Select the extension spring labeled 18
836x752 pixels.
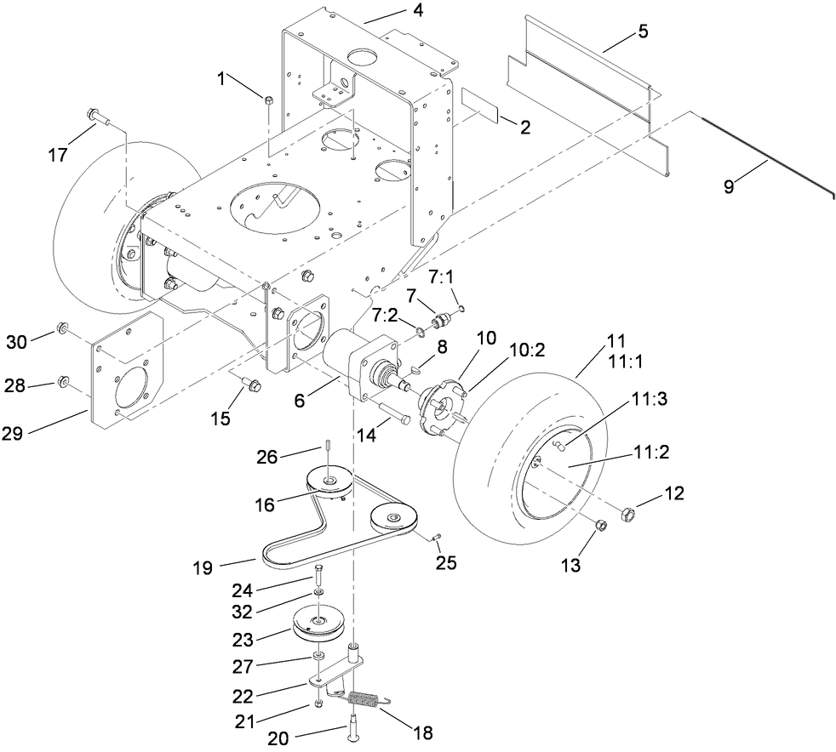[x=364, y=701]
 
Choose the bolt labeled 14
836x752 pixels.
[x=394, y=417]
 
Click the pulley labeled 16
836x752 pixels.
[x=330, y=482]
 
